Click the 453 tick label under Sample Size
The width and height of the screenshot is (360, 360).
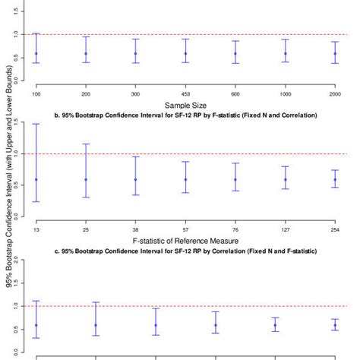185,93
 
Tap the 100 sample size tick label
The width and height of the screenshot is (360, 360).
36,93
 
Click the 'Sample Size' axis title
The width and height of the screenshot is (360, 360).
185,106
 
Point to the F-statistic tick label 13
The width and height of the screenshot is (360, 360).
36,226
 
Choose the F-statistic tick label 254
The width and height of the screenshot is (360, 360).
335,226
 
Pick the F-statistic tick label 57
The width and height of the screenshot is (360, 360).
185,226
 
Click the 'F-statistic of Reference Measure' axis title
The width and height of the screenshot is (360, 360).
185,239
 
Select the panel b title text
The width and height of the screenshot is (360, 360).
185,115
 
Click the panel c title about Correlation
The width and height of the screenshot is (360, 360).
185,250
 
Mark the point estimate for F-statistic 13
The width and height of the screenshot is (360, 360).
36,179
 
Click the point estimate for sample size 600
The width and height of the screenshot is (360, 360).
235,53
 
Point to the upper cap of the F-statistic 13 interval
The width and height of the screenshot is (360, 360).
36,124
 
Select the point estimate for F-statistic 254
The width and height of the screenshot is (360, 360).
335,179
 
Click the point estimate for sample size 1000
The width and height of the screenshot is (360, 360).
285,53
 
